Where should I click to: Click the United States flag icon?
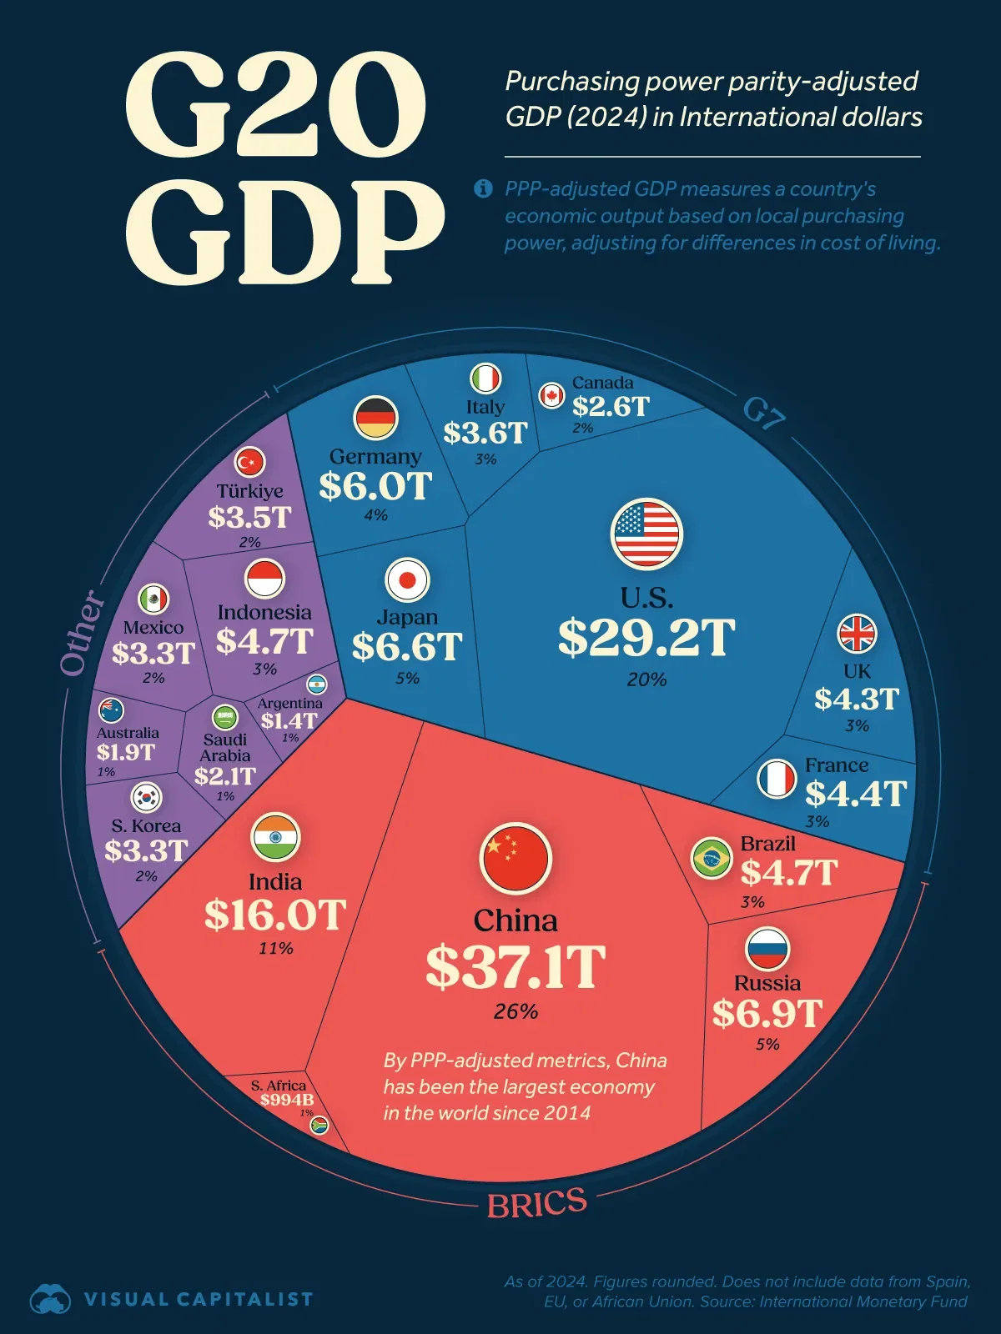[646, 534]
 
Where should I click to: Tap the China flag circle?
[516, 858]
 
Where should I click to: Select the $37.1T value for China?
[516, 967]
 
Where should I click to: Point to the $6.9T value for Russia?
[767, 1014]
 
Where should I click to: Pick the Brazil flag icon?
[712, 858]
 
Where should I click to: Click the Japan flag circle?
[407, 580]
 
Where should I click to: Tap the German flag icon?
[376, 418]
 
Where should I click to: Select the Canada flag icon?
[551, 395]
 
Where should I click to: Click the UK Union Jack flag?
[857, 634]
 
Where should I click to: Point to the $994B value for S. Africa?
[287, 1100]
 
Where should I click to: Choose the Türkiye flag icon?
[249, 461]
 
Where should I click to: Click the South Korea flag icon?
[147, 797]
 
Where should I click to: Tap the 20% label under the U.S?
[646, 680]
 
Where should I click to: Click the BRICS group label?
[537, 1203]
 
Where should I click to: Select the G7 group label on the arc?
[764, 413]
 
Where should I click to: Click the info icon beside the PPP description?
[483, 188]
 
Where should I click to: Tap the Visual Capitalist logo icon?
[50, 1299]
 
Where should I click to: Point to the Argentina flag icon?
[316, 685]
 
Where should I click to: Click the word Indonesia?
[264, 612]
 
